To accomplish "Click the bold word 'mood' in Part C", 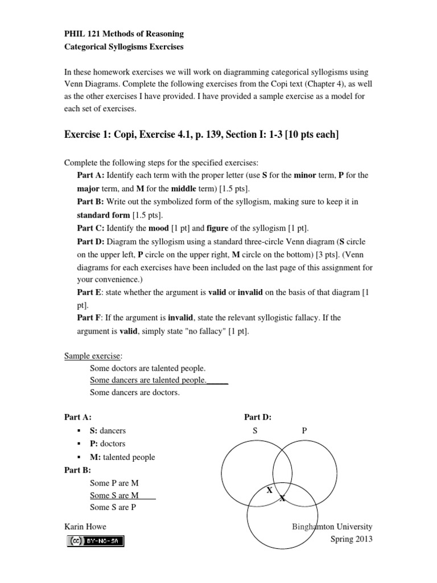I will [159, 228].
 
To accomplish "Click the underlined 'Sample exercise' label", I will [93, 356].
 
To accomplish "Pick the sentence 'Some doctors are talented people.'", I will [148, 368].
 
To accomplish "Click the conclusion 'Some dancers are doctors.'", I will [135, 393].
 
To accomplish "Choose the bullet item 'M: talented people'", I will [122, 457].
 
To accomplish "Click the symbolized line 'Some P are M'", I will [114, 483].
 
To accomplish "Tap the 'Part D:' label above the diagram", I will [257, 417].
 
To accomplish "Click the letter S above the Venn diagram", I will [255, 431].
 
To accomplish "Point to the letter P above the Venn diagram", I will [304, 431].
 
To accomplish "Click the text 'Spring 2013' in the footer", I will [352, 539].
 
